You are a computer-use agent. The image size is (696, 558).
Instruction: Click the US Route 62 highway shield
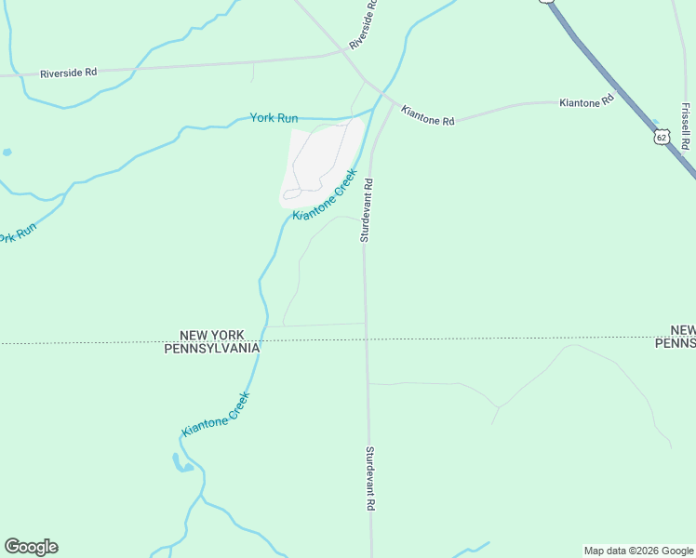click(x=661, y=138)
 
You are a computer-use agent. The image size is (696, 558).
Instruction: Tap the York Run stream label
click(x=274, y=118)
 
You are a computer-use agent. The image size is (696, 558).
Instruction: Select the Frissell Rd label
click(x=685, y=126)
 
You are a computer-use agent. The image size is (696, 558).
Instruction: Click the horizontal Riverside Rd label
click(x=68, y=73)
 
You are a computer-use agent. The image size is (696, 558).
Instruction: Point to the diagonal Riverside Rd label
click(x=364, y=24)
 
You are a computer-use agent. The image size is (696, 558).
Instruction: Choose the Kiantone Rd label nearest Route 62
click(x=587, y=100)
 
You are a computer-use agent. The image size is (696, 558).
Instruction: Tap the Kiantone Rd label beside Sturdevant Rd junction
click(x=427, y=115)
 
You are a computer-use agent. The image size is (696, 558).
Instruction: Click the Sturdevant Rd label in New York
click(x=367, y=210)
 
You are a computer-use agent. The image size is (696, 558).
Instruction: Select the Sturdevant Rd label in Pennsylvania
click(x=369, y=478)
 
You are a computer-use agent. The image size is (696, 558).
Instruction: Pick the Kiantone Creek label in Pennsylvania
click(x=216, y=414)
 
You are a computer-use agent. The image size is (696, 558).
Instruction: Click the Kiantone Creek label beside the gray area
click(x=325, y=194)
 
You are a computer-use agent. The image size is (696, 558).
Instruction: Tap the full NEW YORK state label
click(x=211, y=335)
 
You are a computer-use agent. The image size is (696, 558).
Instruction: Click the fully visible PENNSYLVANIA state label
click(x=211, y=348)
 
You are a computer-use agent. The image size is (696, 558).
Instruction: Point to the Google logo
click(x=31, y=547)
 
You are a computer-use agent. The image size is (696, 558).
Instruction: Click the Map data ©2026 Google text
click(x=638, y=551)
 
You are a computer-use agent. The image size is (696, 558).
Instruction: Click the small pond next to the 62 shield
click(x=657, y=123)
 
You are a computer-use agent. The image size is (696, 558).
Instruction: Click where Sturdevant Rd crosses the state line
click(x=367, y=340)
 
